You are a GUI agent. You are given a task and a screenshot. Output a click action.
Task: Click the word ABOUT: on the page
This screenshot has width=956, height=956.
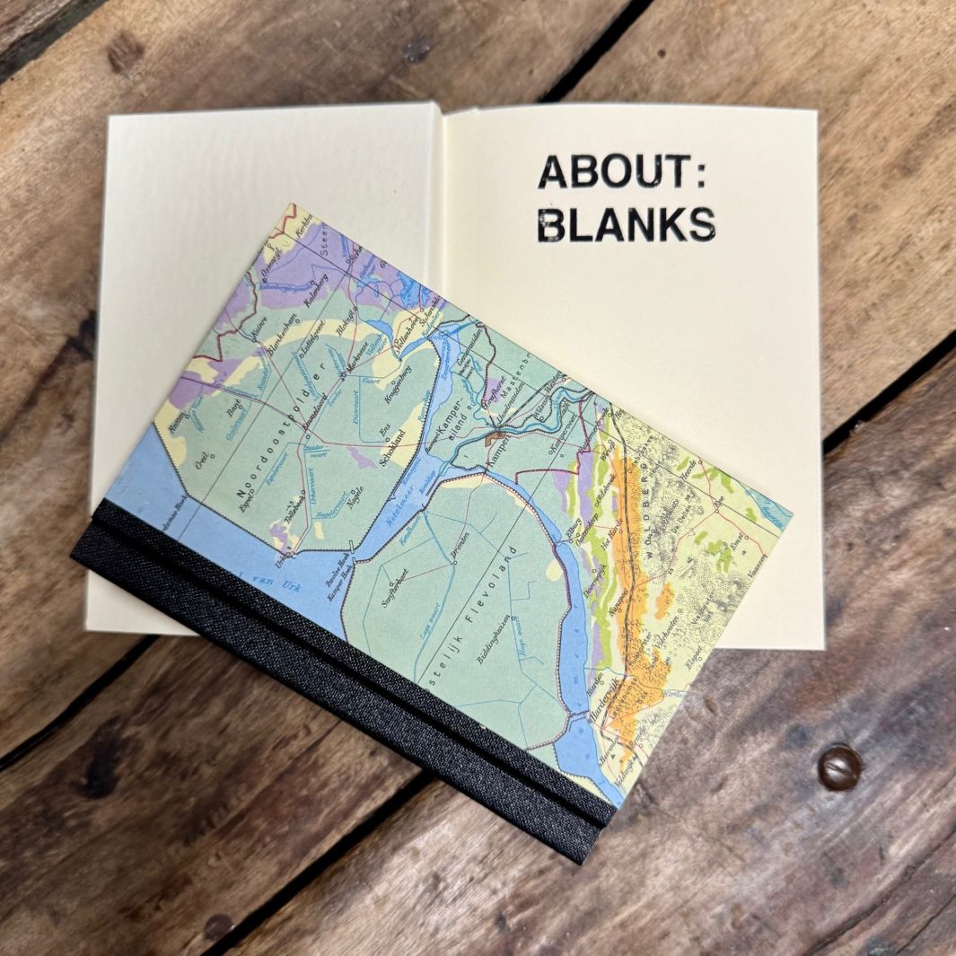coord(622,171)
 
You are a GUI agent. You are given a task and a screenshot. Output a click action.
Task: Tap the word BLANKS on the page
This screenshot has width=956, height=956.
coord(627,224)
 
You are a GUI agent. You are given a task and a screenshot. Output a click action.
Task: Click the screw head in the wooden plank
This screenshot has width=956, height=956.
coord(839,767)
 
